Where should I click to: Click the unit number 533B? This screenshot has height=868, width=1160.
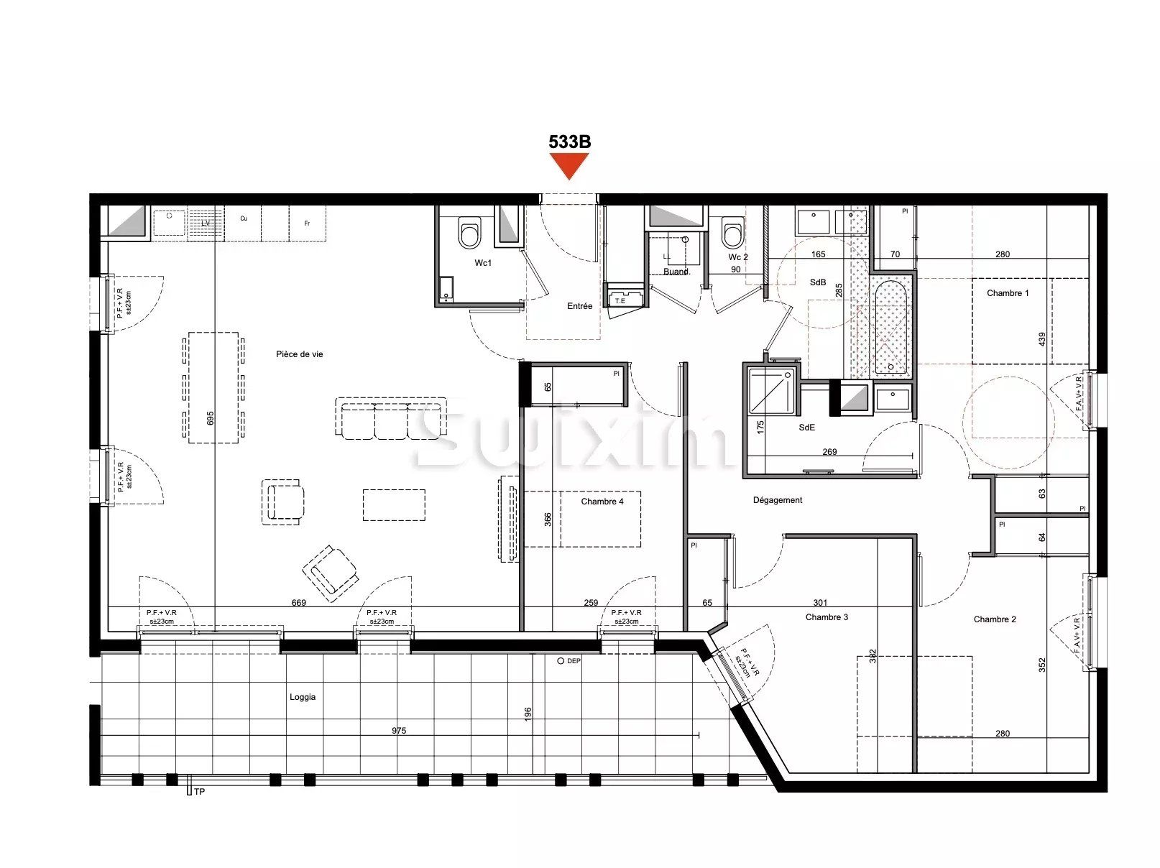coord(569,142)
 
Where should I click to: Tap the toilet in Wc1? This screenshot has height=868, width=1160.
coord(469,232)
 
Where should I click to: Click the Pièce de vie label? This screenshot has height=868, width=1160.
coord(299,354)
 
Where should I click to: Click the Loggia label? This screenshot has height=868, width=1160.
coord(303,697)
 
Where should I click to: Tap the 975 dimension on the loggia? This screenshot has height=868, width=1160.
coord(399,731)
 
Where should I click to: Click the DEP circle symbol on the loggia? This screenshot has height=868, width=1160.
coord(561,660)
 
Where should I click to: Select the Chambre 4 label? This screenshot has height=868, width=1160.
coord(602,502)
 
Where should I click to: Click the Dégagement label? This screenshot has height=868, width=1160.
coord(778,500)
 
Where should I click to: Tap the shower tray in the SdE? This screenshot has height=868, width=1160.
coord(772,391)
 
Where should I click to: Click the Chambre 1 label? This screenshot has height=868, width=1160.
coord(1008,293)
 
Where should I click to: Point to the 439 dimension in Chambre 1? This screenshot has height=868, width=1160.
coord(1042,338)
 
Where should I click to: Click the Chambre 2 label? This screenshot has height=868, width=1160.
coord(995,619)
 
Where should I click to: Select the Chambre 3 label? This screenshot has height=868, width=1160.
coord(827,617)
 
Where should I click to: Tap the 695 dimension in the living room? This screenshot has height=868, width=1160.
coord(211,417)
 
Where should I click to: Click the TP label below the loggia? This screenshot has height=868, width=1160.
coord(199,792)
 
